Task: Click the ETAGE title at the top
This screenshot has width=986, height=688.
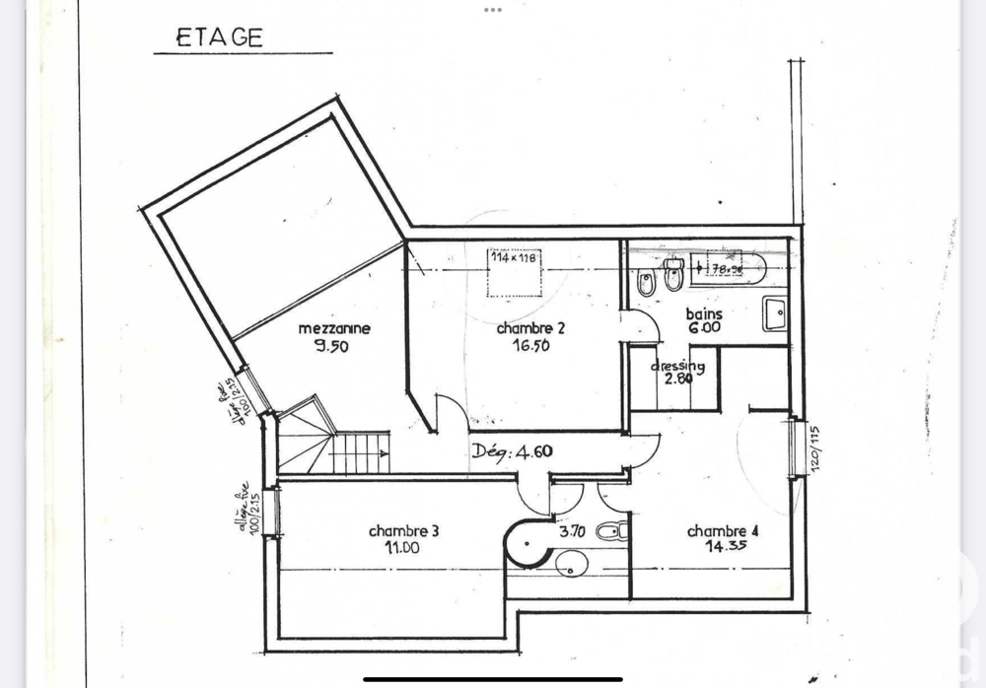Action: pos(219,38)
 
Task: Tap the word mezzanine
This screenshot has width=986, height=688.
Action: pos(334,328)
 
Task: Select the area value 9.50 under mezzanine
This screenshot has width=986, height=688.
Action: pos(332,346)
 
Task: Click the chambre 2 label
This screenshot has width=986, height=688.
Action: pos(530,328)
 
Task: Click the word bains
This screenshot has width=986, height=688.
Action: pos(704,313)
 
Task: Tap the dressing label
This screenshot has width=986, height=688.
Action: pos(677,367)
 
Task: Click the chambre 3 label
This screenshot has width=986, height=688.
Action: pos(403,530)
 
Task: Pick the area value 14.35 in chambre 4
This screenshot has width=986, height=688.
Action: pos(722,548)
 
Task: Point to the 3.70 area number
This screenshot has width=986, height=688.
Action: pos(573,531)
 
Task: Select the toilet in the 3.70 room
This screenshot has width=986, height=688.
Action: pos(610,532)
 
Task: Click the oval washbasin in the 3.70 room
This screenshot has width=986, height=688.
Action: pos(571,564)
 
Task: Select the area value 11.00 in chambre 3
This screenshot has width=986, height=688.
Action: pos(403,548)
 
